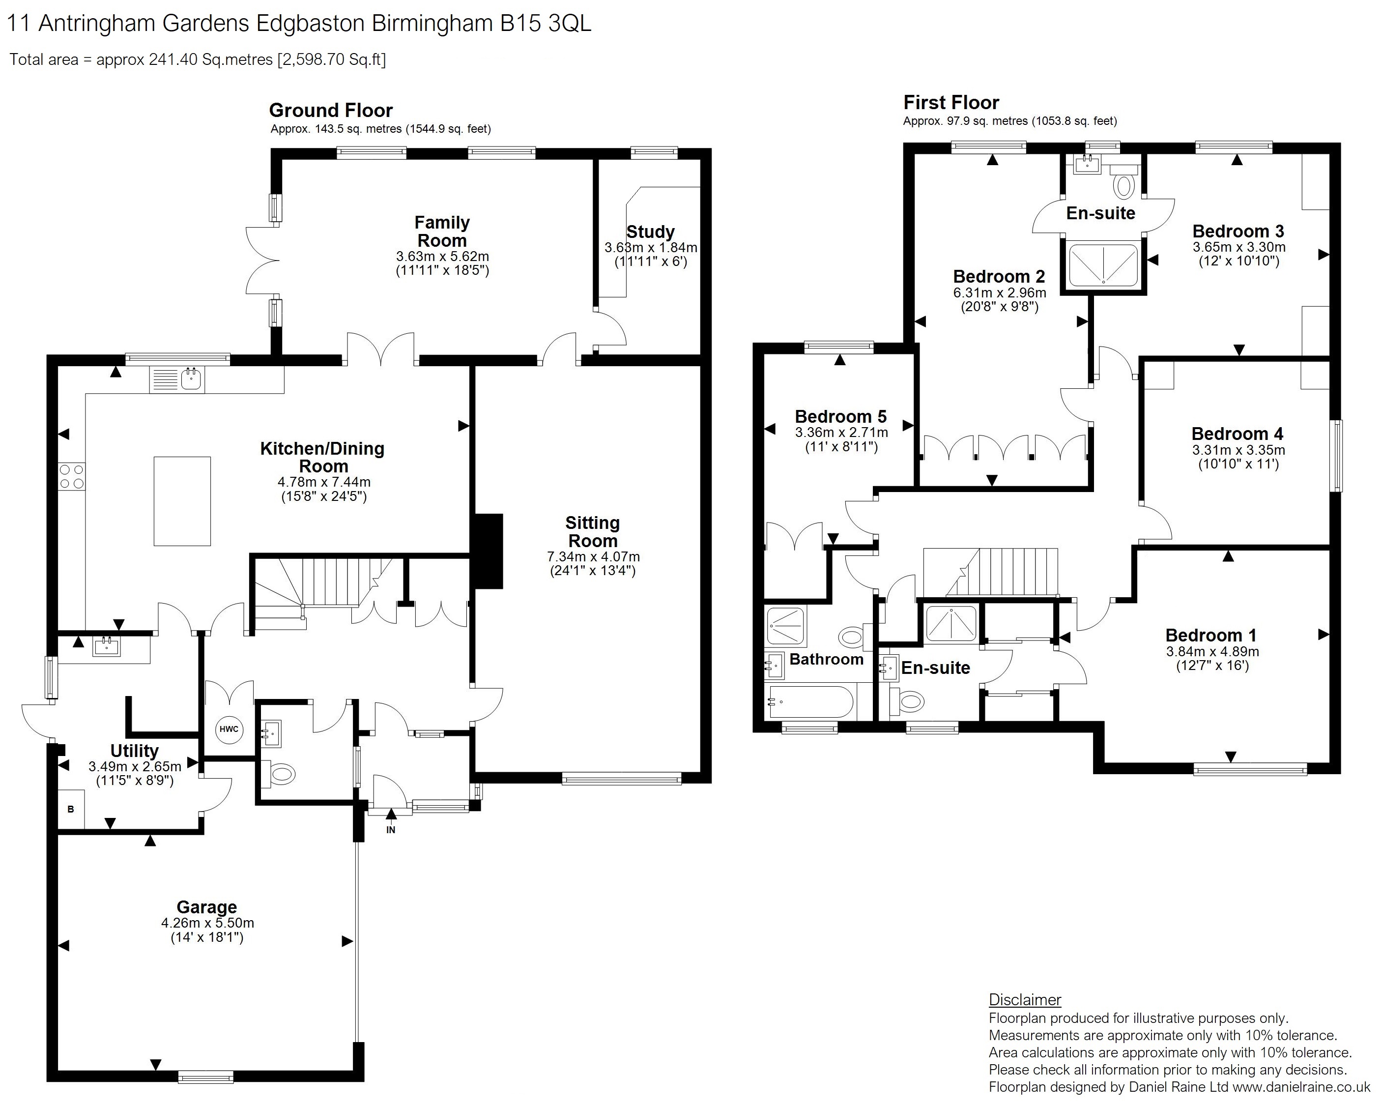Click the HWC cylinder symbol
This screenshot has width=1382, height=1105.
[229, 729]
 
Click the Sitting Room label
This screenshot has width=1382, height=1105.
[593, 532]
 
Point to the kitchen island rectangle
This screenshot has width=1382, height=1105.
[182, 501]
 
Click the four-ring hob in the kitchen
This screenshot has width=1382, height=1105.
[72, 477]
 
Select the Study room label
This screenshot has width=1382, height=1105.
[651, 232]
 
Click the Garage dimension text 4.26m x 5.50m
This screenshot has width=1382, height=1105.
[208, 924]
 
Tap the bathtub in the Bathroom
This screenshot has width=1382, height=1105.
[810, 702]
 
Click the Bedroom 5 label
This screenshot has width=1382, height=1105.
[841, 417]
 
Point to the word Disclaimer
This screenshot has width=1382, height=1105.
[1025, 1000]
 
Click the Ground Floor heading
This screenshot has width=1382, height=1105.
[331, 110]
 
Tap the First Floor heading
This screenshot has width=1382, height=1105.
[951, 103]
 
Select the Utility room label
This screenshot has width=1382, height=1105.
[135, 751]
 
